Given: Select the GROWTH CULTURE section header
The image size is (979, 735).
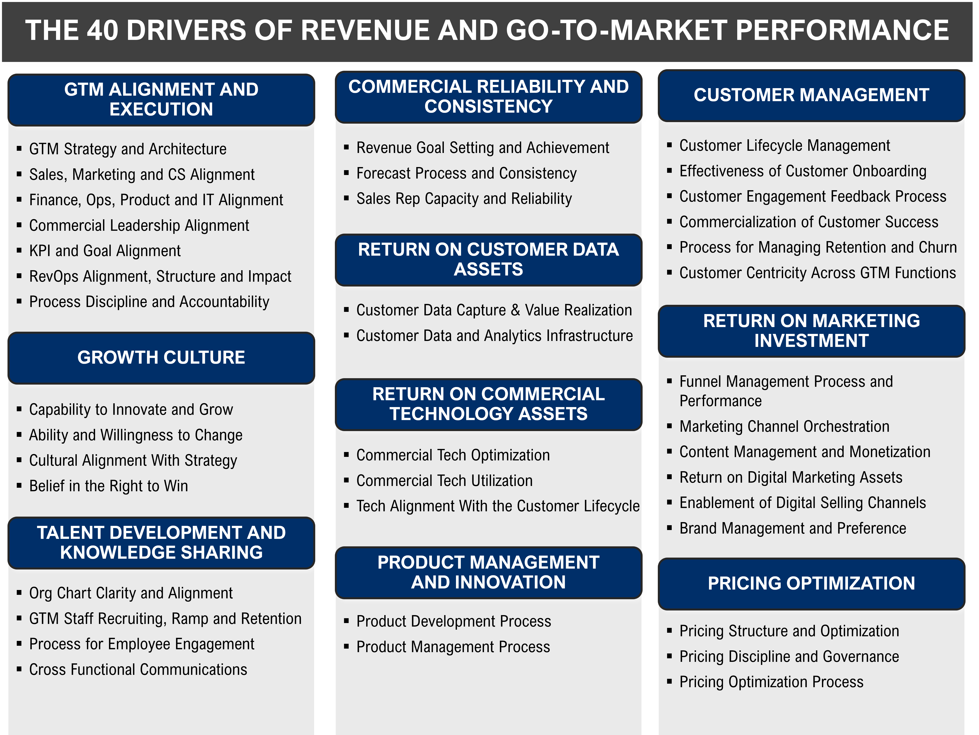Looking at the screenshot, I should pos(161,357).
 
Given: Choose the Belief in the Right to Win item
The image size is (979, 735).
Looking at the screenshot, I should pos(109,486).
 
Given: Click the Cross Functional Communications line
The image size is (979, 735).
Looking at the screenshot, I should pos(138,670).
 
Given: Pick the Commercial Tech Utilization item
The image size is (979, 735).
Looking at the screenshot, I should pos(444,481).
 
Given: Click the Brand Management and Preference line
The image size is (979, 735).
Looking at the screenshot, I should pos(793,528).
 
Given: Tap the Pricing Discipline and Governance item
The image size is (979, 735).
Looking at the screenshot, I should pos(789,657).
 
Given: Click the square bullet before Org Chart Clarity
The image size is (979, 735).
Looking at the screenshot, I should pos(19,593).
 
